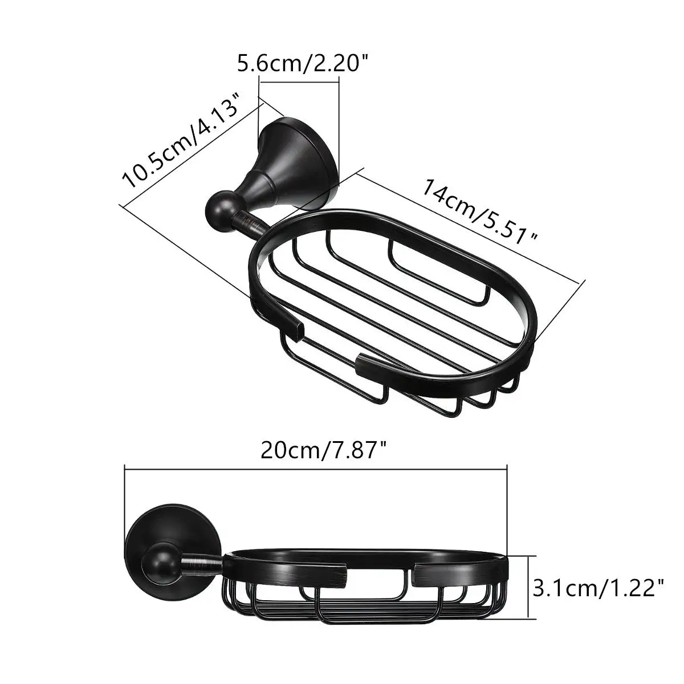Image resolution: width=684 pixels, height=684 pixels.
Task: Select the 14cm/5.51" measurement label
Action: point(481,212)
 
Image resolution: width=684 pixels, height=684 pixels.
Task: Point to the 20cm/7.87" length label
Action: point(323,450)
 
